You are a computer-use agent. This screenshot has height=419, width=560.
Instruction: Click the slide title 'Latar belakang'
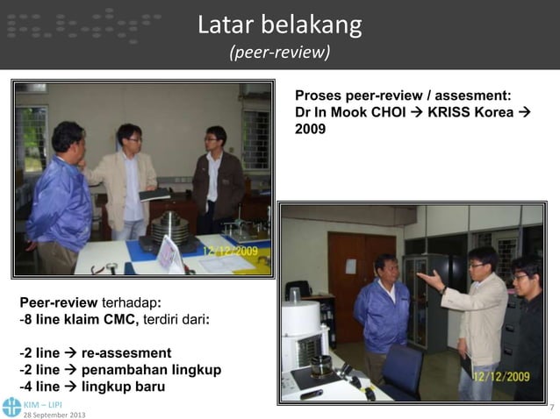(279, 25)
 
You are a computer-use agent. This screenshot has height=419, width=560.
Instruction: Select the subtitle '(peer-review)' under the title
(279, 54)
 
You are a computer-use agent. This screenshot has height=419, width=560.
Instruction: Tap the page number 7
(550, 408)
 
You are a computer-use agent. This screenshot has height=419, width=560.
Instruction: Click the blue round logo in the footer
(11, 406)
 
